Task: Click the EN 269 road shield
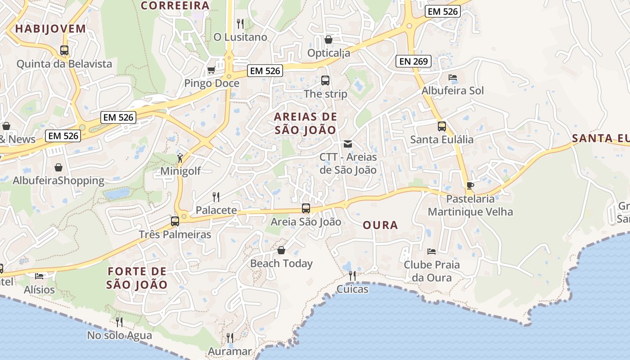(x=414, y=61)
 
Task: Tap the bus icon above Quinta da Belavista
(x=64, y=50)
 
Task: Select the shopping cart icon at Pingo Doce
(x=211, y=70)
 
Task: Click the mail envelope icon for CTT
(x=348, y=144)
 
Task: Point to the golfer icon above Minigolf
(x=180, y=158)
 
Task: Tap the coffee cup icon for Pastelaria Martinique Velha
(x=470, y=185)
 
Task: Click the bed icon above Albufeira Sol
(x=453, y=77)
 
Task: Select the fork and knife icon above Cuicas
(x=352, y=275)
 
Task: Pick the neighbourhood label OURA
(x=380, y=225)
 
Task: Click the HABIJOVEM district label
(x=50, y=29)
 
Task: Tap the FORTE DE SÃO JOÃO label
(x=137, y=278)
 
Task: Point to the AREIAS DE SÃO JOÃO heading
(x=306, y=123)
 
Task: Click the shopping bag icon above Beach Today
(x=281, y=250)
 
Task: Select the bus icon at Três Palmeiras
(x=175, y=221)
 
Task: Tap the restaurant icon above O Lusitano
(x=240, y=23)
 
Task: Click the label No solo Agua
(x=120, y=335)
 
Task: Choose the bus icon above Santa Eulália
(x=442, y=126)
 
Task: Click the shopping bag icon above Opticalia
(x=328, y=40)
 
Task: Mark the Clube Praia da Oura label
(x=432, y=271)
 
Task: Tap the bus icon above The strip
(x=325, y=81)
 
